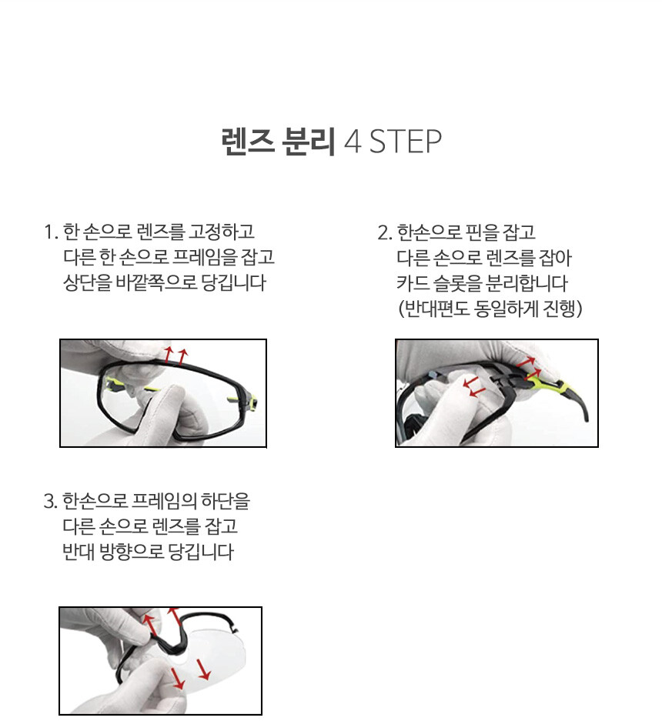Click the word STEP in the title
(406, 141)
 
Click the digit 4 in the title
(353, 142)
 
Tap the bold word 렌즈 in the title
(248, 141)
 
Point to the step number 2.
(384, 232)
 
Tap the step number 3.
(50, 501)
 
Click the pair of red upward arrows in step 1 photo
(176, 355)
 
